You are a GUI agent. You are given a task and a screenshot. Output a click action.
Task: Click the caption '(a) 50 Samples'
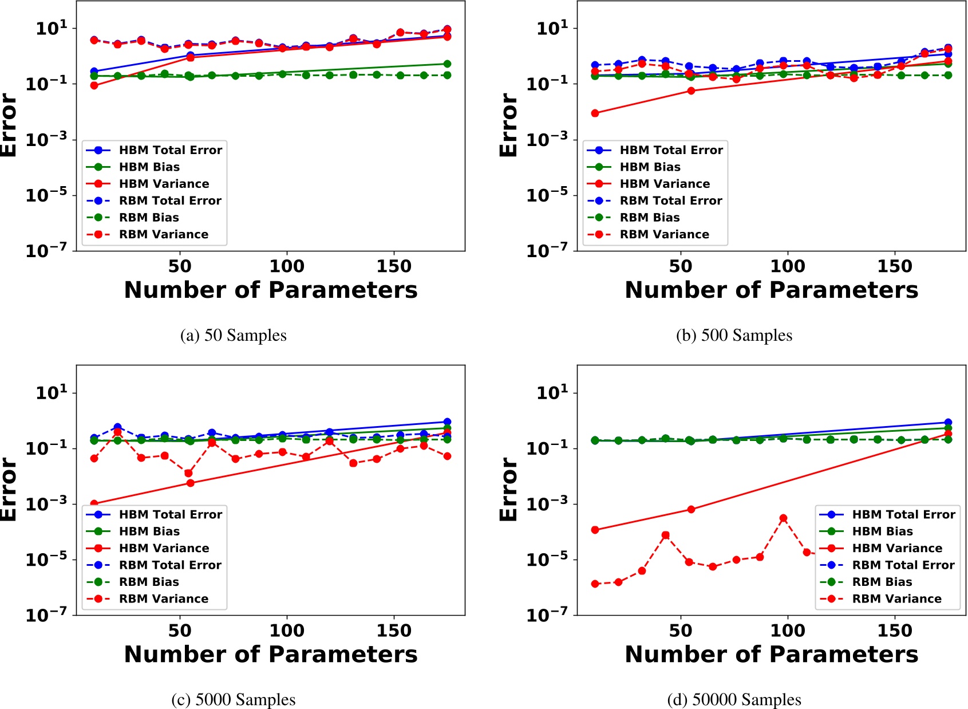[x=233, y=335]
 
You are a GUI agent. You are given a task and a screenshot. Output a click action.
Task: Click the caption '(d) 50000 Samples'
[x=734, y=699]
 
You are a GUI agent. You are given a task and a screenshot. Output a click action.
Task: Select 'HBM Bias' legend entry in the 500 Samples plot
[x=650, y=167]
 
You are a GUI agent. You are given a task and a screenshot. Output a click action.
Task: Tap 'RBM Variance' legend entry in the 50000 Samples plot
[x=896, y=598]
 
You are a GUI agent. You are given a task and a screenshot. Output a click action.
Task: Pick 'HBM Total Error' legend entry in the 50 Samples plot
[x=170, y=150]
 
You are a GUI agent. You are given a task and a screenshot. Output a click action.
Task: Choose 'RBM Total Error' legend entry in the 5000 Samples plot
[x=169, y=565]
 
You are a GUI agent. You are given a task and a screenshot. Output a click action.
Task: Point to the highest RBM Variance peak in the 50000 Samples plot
[x=783, y=518]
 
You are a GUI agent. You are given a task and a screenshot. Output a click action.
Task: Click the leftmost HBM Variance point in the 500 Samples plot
[x=595, y=113]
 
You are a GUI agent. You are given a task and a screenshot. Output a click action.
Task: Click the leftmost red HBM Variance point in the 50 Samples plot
[x=94, y=85]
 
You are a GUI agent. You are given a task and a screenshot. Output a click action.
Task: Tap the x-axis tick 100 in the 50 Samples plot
[x=287, y=266]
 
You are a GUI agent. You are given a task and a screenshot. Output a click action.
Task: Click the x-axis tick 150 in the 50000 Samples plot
[x=894, y=631]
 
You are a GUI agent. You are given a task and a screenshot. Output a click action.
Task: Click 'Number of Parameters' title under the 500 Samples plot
[x=771, y=290]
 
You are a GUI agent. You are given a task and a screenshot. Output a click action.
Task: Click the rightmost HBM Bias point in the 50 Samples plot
[x=447, y=64]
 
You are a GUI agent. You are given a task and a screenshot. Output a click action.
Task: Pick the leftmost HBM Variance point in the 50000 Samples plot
[x=595, y=530]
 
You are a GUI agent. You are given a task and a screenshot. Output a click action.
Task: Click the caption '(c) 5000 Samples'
[x=233, y=699]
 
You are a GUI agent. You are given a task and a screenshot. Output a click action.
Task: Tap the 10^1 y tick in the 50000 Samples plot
[x=552, y=393]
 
